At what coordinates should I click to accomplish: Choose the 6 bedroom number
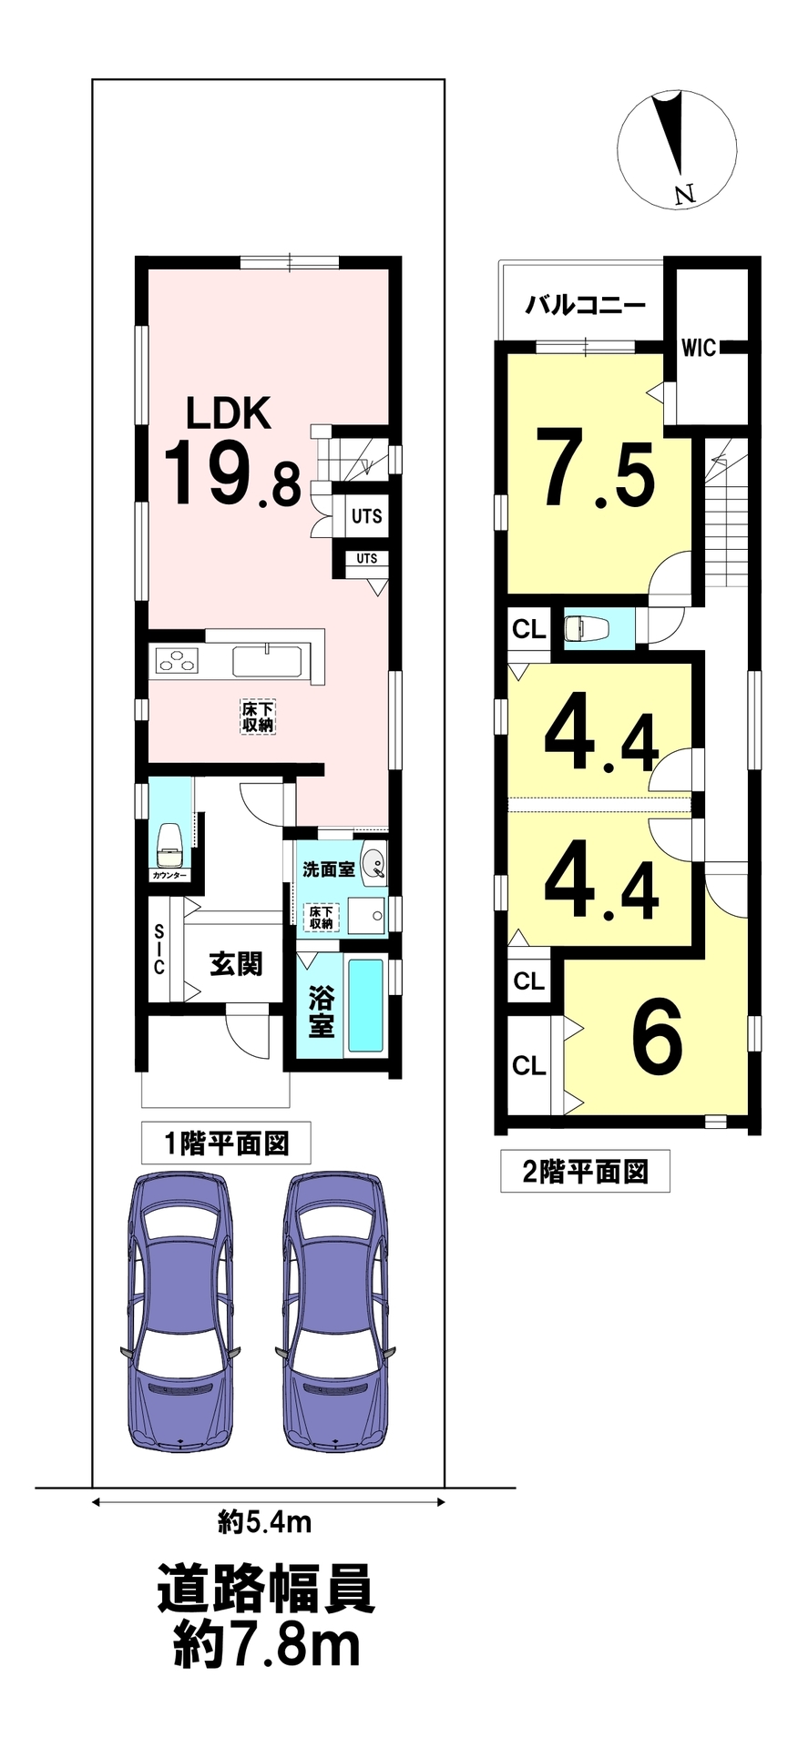[658, 1038]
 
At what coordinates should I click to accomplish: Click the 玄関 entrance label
[236, 963]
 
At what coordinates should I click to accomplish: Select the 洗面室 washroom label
[329, 869]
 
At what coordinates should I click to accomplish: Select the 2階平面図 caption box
[585, 1172]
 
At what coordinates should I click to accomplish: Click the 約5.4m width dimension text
[266, 1520]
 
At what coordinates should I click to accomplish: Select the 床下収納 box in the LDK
[258, 716]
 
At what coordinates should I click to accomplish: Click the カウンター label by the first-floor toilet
[169, 875]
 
